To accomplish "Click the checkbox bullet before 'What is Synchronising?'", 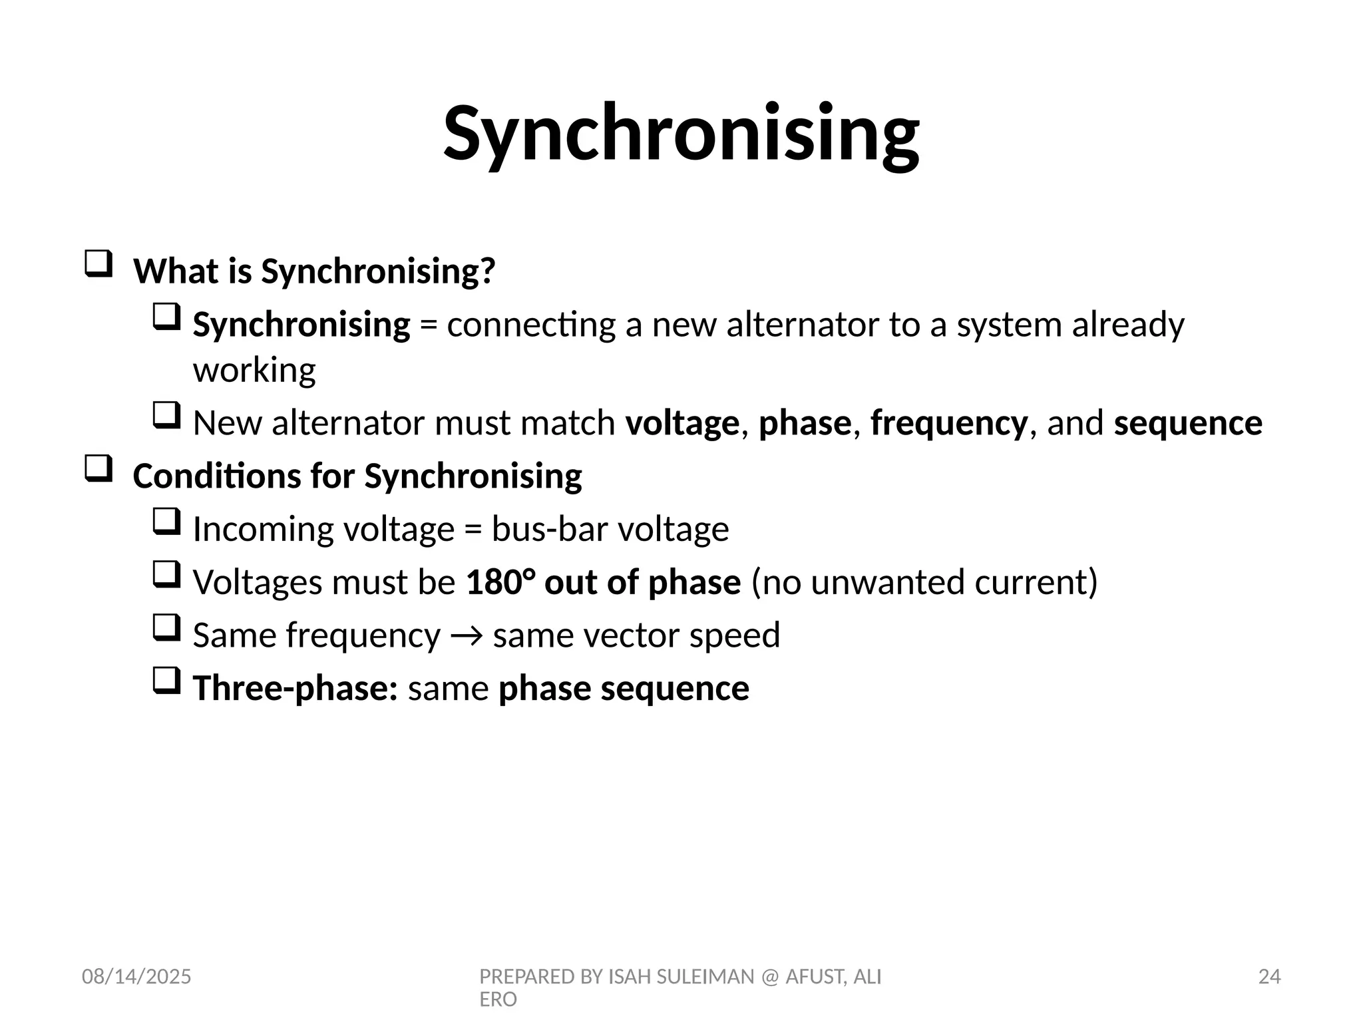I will click(98, 264).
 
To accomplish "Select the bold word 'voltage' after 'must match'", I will click(681, 423).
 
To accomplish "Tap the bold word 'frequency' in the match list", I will click(948, 423).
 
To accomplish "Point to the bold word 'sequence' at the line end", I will click(1188, 423).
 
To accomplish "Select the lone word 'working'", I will click(254, 370).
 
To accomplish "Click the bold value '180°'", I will click(500, 582).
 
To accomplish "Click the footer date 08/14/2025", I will click(136, 977).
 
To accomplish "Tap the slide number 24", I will click(1269, 977).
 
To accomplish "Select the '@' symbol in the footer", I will click(770, 977).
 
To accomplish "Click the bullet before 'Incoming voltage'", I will click(166, 522).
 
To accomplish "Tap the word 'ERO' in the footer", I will click(498, 999).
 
